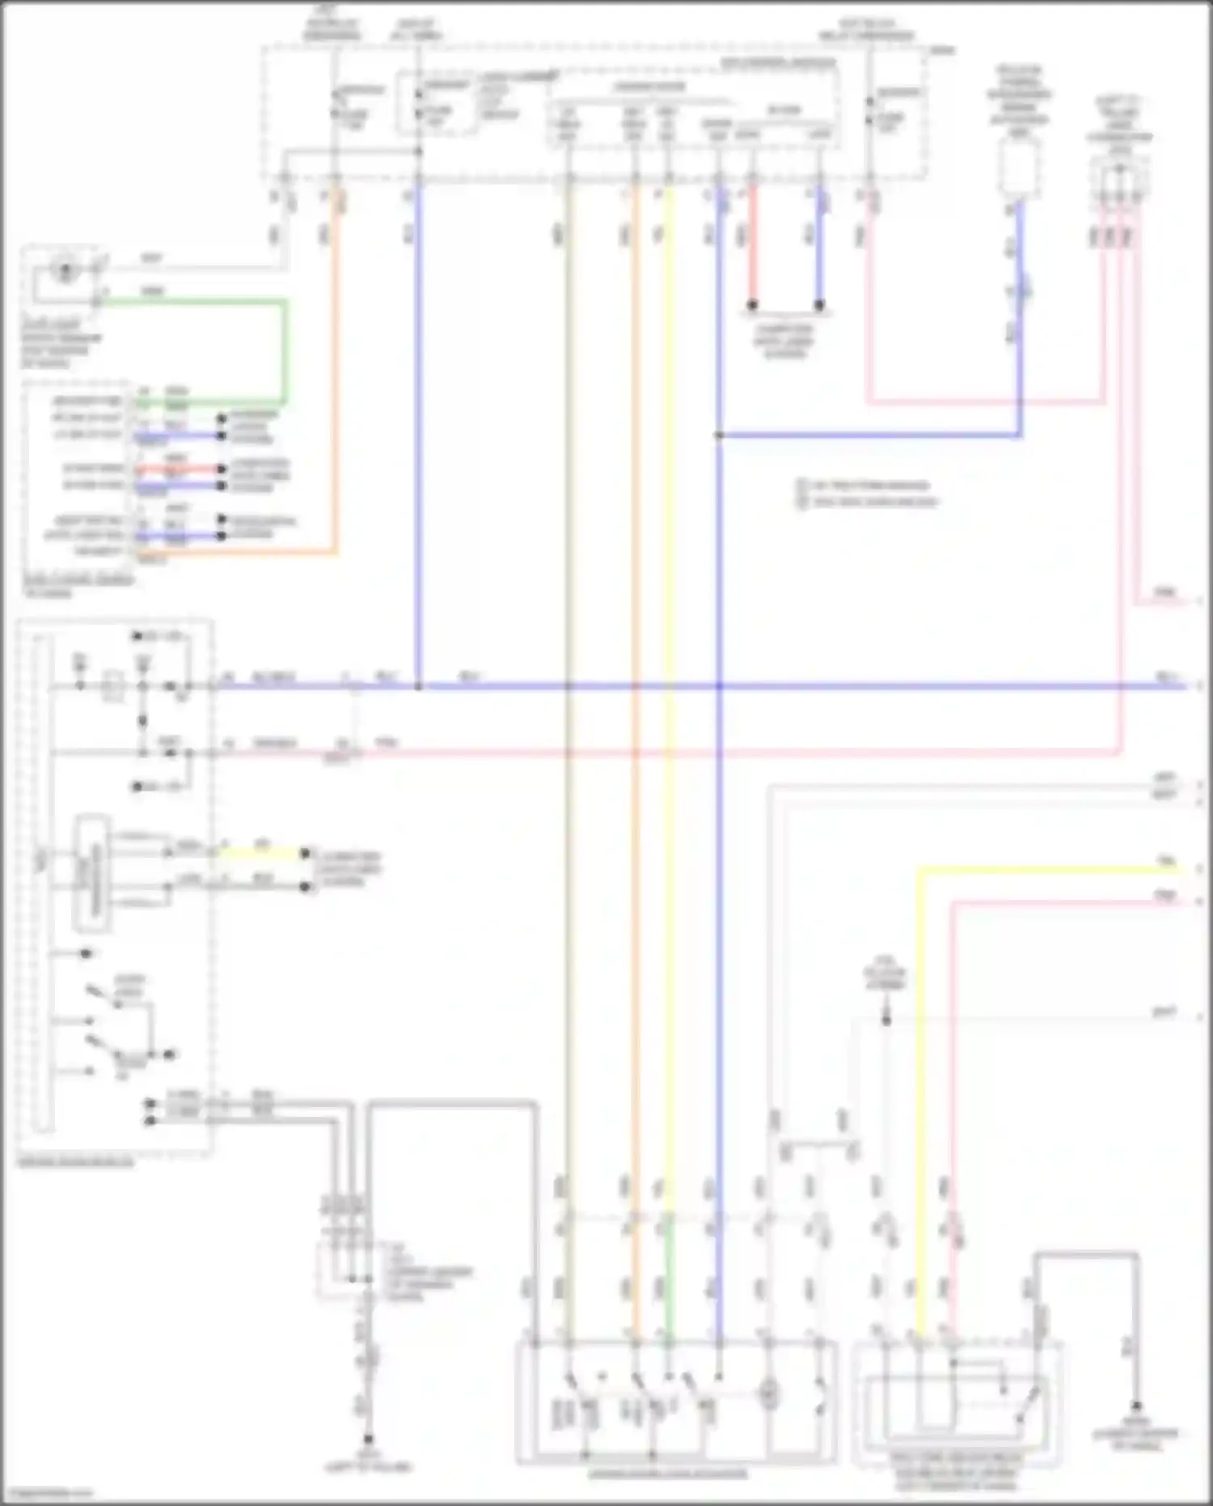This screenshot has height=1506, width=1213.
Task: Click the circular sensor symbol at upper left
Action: pos(65,268)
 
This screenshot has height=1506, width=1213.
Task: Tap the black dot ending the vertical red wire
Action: pos(752,305)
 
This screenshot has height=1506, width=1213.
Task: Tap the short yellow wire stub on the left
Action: pos(259,853)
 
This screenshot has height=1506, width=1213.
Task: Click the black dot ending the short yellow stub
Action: pos(306,853)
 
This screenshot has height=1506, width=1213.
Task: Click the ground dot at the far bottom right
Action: pos(1135,1406)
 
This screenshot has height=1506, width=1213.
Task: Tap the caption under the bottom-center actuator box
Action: pos(668,1474)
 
